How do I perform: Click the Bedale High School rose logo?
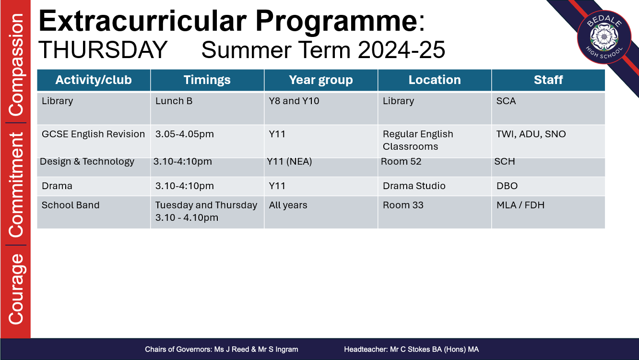click(604, 37)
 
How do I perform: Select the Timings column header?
click(207, 80)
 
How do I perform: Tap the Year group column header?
click(321, 80)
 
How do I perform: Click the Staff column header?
click(548, 80)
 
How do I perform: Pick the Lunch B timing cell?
click(207, 108)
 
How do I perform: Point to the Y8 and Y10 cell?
click(321, 108)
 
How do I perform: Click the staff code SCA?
click(506, 101)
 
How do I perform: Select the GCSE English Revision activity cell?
click(94, 141)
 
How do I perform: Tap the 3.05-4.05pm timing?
click(185, 134)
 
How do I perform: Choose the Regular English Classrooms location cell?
click(435, 141)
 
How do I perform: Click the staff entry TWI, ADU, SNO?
click(531, 134)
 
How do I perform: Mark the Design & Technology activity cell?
click(94, 167)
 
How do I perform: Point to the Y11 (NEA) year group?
click(289, 162)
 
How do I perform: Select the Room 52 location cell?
click(435, 167)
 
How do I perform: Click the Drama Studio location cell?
click(435, 186)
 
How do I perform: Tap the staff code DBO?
click(507, 186)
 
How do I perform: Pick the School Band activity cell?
click(94, 212)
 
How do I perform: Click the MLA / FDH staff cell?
click(548, 212)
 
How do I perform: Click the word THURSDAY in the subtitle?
click(103, 50)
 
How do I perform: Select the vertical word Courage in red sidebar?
click(16, 289)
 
